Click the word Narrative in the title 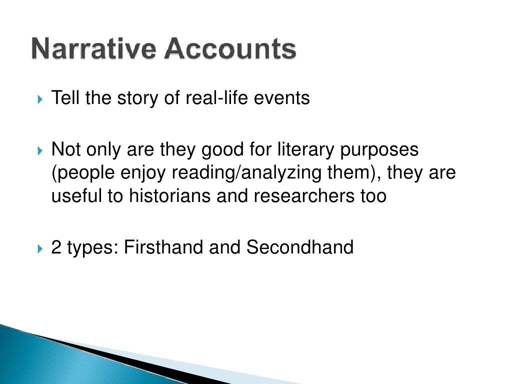88,50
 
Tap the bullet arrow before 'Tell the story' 41,98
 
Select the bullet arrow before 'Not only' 41,149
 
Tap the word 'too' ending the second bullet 372,195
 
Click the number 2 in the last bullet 55,247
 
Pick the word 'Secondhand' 300,247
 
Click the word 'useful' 76,195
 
